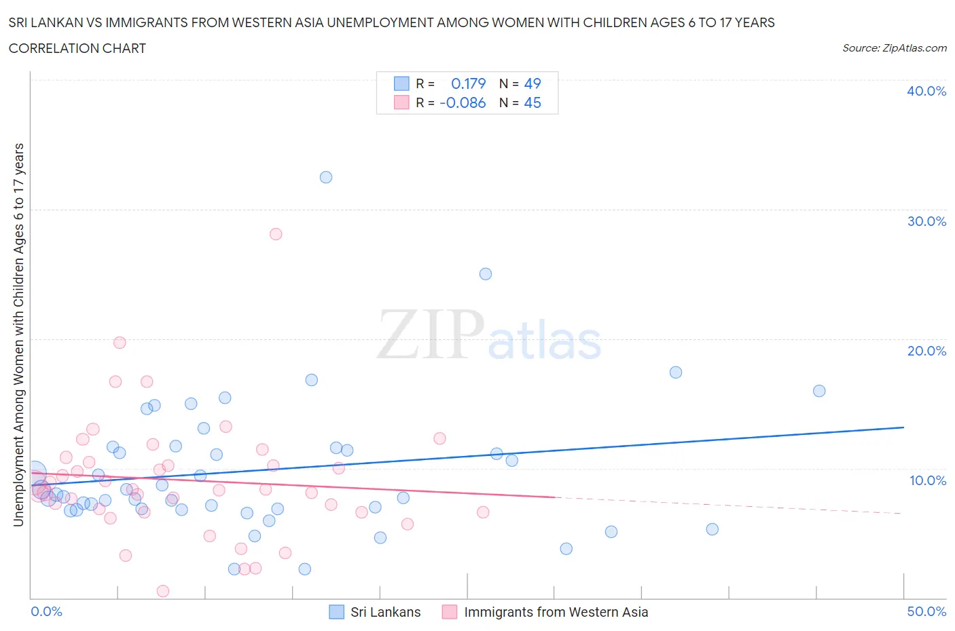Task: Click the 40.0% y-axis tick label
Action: (x=926, y=91)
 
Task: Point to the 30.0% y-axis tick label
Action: (x=926, y=221)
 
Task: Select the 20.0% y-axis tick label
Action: (x=926, y=351)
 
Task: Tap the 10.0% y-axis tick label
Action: (x=927, y=480)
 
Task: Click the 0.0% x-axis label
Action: (x=46, y=611)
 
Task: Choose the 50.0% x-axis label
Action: (x=926, y=611)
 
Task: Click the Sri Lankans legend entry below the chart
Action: (x=385, y=612)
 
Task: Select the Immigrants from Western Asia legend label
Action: (x=556, y=612)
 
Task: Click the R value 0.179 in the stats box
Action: (x=468, y=83)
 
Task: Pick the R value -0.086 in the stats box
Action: (x=463, y=102)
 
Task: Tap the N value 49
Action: (x=533, y=83)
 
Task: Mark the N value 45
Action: (x=533, y=102)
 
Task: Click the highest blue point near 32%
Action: (x=326, y=177)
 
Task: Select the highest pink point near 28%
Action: (x=276, y=234)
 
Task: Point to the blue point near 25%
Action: (x=486, y=274)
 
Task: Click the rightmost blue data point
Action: (x=819, y=391)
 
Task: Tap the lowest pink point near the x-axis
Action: (x=163, y=591)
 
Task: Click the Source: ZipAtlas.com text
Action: (x=894, y=47)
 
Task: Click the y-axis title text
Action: (x=18, y=334)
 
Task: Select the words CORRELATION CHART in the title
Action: (x=77, y=48)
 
